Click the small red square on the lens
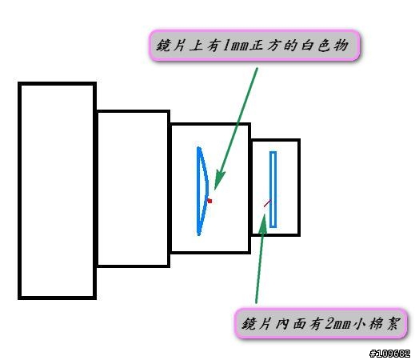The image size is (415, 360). pos(209,201)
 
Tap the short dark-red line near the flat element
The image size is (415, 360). pos(267,203)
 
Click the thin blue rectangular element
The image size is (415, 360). pos(273,190)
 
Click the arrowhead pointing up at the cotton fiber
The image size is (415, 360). pos(263,224)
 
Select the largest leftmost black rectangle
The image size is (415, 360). pos(57,190)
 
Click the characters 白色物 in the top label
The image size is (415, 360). pos(325,46)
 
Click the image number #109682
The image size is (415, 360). pos(389,354)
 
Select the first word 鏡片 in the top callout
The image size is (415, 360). pos(170,46)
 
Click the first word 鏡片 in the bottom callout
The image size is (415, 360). pos(256,324)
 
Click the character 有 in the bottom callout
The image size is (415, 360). pos(316,324)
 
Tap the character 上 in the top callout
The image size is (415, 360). pos(196,46)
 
